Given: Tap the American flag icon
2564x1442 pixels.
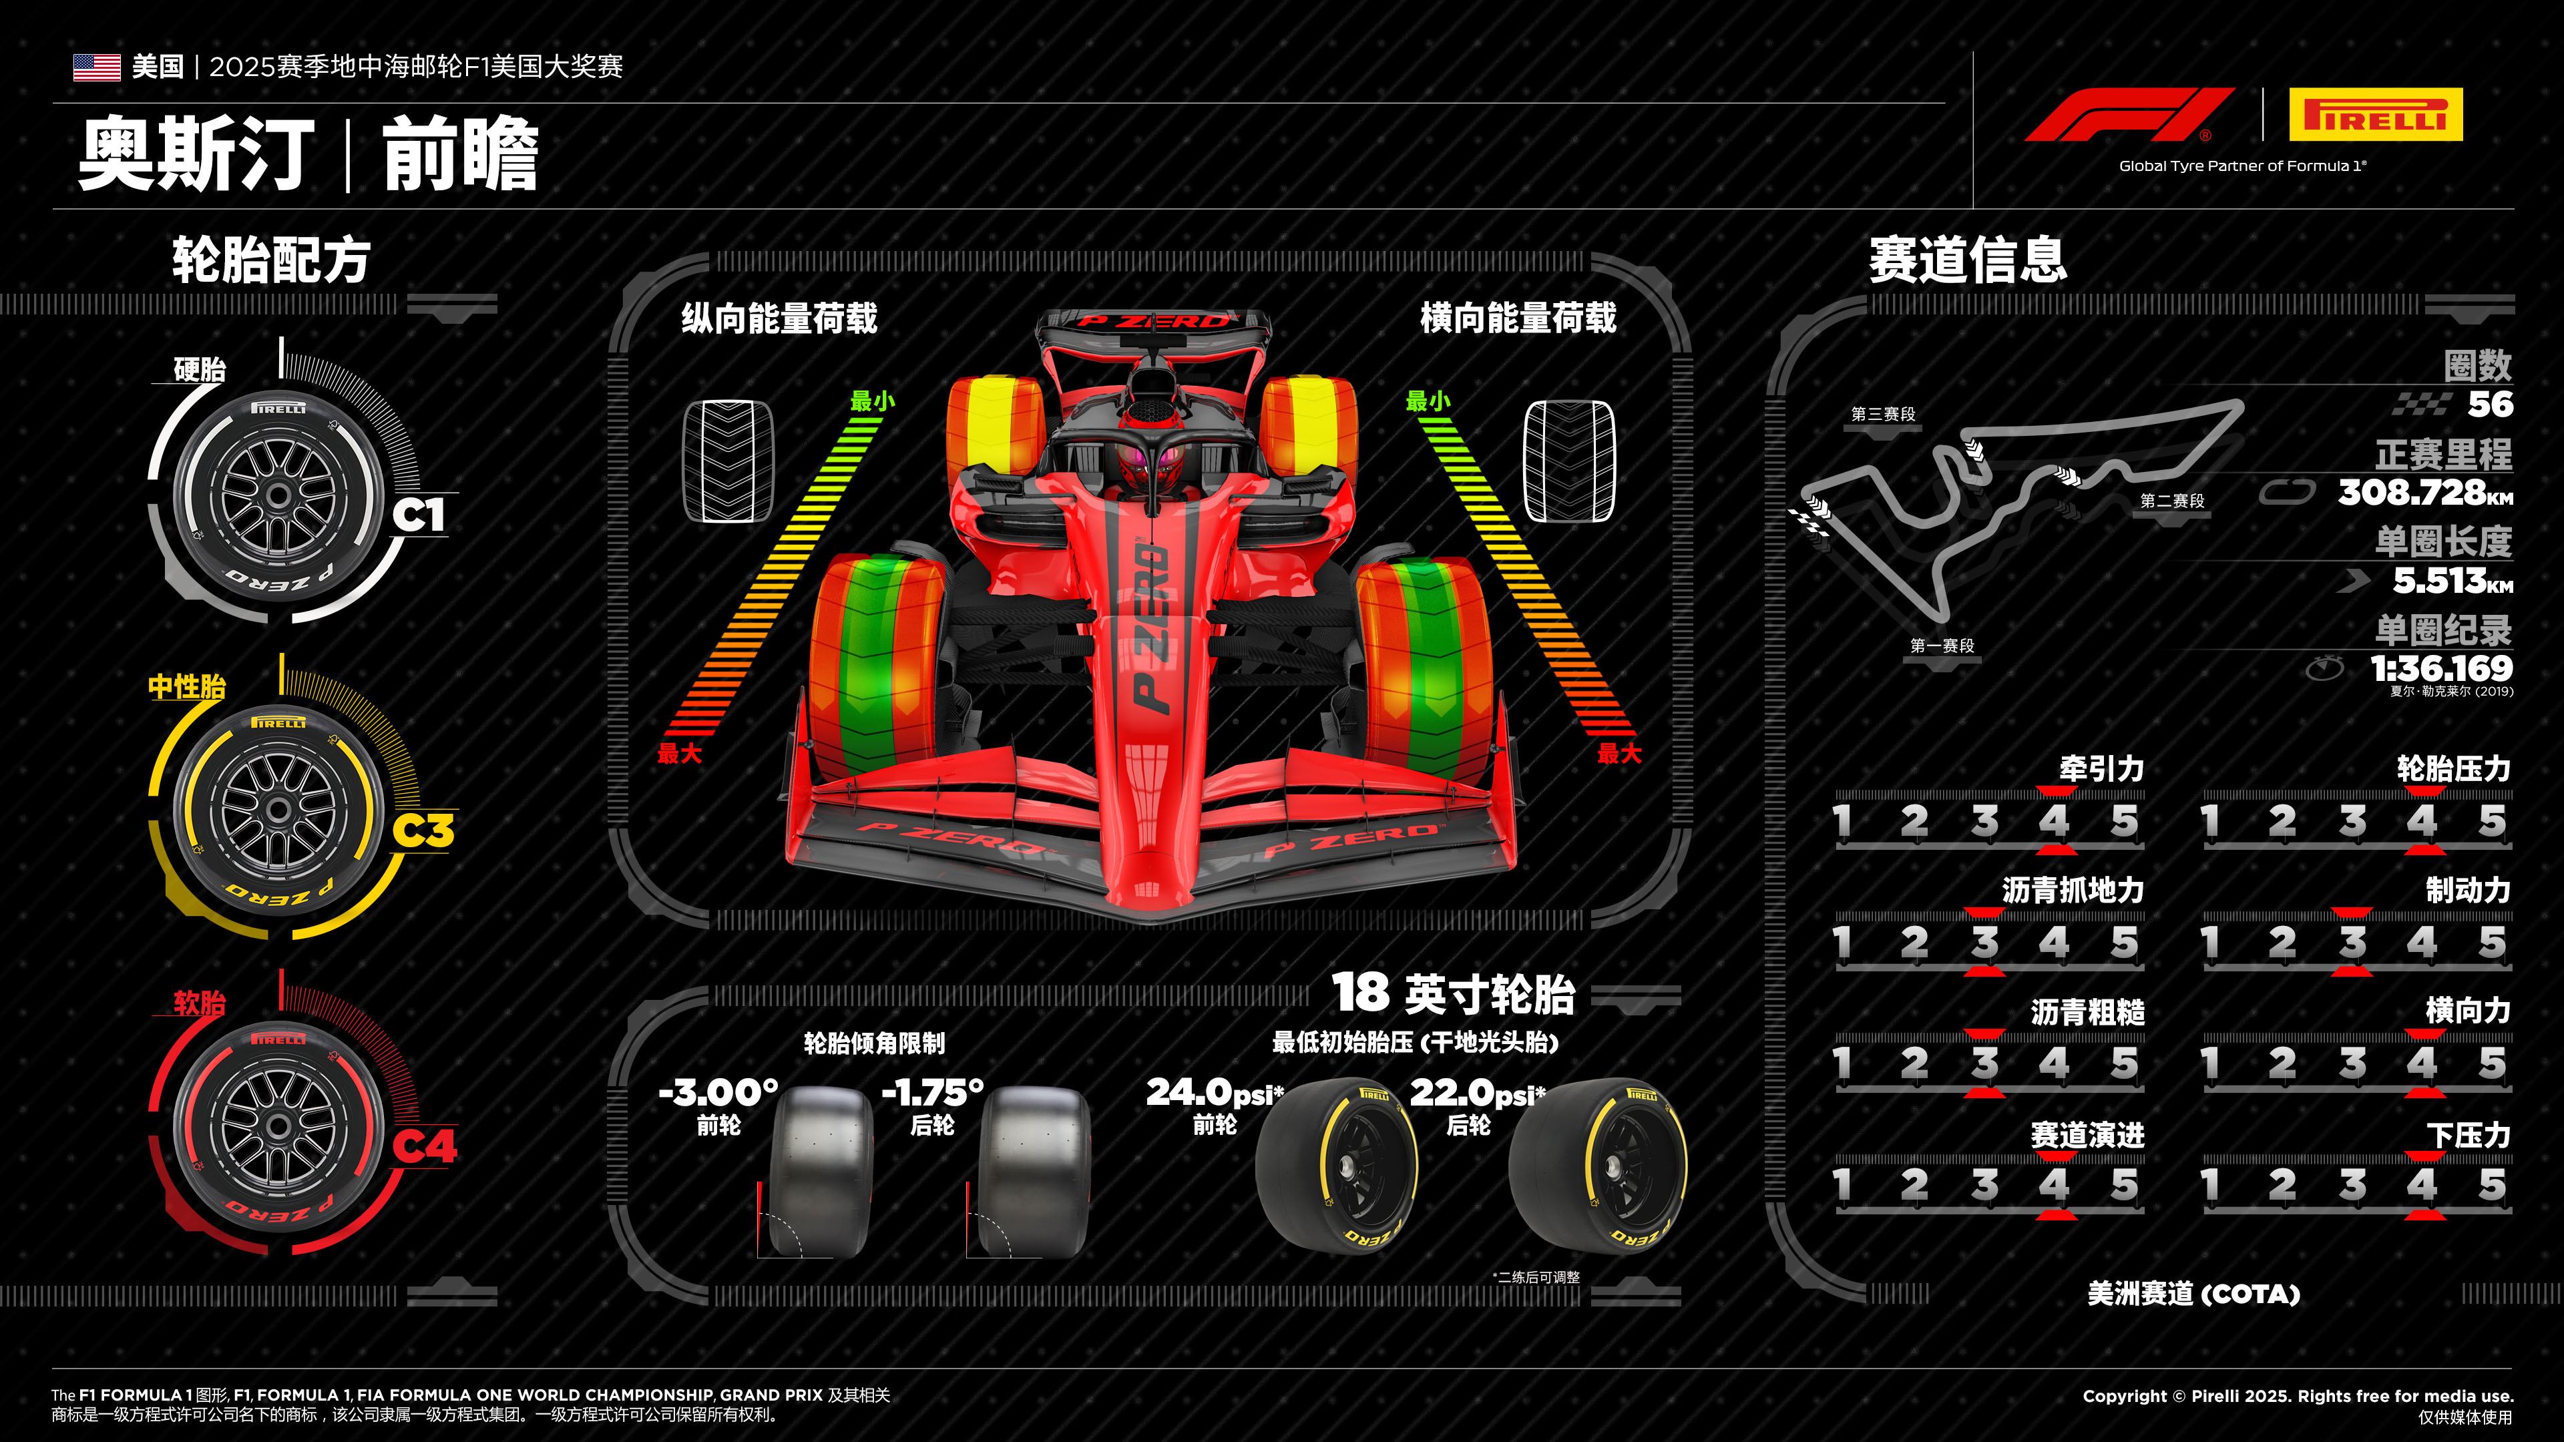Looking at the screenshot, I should click(97, 67).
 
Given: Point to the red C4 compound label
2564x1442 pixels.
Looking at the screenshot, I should click(424, 1146).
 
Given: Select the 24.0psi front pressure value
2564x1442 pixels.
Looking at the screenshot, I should click(1215, 1093).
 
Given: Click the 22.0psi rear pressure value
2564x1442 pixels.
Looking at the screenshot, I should click(1477, 1093).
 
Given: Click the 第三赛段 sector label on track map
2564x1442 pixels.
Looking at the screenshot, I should click(1883, 414).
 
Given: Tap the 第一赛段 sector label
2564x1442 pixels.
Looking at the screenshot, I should click(1942, 646).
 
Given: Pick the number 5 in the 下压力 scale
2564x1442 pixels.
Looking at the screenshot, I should click(2491, 1184).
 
